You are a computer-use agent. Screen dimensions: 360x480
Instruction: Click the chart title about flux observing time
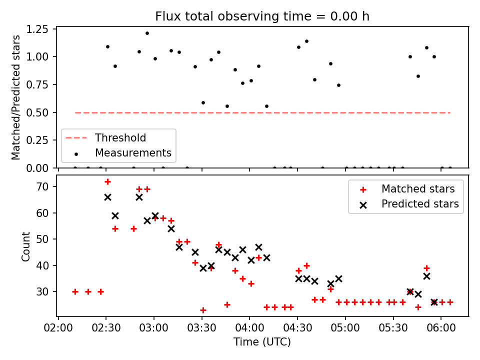point(262,16)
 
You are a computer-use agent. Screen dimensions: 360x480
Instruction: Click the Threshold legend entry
point(120,138)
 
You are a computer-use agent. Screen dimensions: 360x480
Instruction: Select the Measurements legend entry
point(133,153)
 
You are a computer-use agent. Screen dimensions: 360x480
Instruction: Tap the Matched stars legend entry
point(417,189)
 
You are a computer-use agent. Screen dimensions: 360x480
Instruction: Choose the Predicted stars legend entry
point(420,204)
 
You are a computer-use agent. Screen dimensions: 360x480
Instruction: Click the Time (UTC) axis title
point(262,342)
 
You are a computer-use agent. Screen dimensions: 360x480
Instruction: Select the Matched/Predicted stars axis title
point(16,97)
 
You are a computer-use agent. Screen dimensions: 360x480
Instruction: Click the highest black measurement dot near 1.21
point(147,33)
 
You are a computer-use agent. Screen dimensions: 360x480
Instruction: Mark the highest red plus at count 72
point(107,181)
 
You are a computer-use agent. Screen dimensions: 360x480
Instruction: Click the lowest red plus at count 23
point(203,310)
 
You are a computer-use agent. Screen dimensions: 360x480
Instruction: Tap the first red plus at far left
point(75,291)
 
